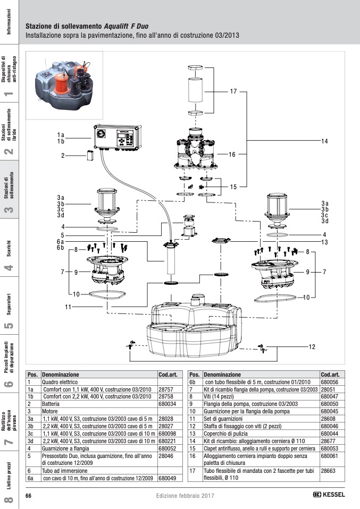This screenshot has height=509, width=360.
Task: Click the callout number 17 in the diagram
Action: [233, 91]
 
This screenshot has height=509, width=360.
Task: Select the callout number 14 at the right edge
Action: [324, 141]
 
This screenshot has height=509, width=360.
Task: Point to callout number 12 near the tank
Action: [312, 347]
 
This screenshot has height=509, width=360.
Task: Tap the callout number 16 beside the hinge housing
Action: [232, 155]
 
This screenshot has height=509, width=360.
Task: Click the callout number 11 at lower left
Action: [68, 307]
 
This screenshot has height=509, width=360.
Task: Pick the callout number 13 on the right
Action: [324, 242]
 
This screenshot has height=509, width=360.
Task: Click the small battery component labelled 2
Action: [90, 156]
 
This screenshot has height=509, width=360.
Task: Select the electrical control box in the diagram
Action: [118, 138]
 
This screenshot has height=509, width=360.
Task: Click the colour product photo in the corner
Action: [65, 85]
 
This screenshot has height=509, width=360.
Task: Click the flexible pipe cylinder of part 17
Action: [195, 90]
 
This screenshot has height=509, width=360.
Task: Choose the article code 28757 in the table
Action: [166, 389]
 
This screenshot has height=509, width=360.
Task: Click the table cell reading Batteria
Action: [51, 404]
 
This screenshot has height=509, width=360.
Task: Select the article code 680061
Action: [330, 456]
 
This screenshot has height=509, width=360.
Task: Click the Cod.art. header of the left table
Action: [168, 375]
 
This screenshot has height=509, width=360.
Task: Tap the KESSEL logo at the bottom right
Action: [329, 495]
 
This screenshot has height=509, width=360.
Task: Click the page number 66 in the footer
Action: [29, 496]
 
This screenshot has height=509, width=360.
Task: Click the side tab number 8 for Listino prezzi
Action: [10, 499]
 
